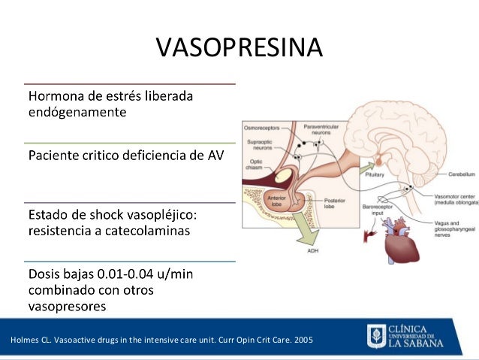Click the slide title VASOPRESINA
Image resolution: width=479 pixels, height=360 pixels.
click(239, 47)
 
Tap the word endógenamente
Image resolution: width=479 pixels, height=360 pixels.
click(77, 113)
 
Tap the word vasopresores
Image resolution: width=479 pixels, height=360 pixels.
click(67, 306)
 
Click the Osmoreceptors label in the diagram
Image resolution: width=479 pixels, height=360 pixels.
click(260, 129)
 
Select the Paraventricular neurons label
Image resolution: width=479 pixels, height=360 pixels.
click(321, 132)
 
